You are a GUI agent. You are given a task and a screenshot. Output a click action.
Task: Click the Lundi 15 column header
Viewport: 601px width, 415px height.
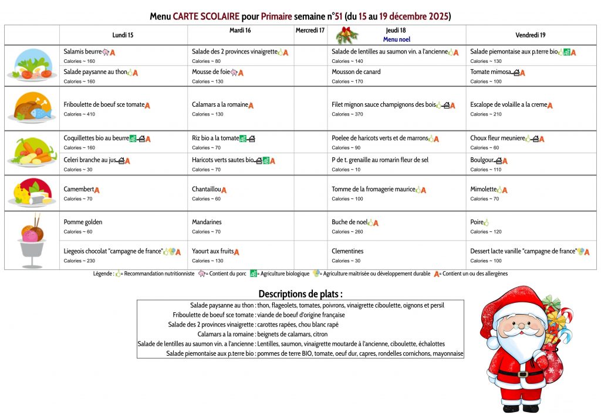click(x=123, y=35)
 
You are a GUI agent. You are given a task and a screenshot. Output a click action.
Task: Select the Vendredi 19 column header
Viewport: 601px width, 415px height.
click(x=530, y=35)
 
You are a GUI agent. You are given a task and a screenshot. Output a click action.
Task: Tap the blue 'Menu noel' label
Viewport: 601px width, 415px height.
click(x=396, y=39)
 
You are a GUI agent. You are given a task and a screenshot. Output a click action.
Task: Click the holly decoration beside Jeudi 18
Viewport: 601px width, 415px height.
click(x=346, y=35)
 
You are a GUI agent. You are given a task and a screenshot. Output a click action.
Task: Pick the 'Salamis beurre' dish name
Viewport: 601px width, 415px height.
click(x=83, y=52)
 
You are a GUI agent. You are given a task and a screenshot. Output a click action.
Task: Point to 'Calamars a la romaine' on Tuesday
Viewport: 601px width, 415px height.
click(x=220, y=105)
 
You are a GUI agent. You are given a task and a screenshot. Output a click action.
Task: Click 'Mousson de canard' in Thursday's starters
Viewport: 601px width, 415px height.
click(x=356, y=72)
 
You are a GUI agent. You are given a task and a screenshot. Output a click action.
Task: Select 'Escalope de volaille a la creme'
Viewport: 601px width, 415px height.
click(x=508, y=105)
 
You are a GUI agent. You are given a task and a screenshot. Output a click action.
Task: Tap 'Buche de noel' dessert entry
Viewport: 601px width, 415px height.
click(x=349, y=222)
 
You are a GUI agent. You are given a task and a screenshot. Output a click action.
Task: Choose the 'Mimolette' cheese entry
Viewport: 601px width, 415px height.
click(x=483, y=190)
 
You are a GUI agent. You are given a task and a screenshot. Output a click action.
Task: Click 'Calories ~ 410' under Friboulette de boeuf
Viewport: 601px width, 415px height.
click(x=79, y=114)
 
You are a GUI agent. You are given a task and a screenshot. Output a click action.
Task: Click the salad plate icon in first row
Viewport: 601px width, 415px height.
click(x=32, y=65)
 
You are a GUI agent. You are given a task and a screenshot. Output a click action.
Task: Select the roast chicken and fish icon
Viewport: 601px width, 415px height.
click(x=32, y=107)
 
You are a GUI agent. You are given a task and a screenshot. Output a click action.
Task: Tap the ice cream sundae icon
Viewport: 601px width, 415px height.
click(x=32, y=238)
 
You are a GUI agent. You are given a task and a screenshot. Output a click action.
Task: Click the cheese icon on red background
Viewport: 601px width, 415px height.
click(x=32, y=193)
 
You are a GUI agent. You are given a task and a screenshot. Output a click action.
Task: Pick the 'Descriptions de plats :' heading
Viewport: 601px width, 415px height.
click(x=300, y=293)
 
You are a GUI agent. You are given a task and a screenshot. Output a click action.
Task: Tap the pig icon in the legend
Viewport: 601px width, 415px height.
click(x=202, y=274)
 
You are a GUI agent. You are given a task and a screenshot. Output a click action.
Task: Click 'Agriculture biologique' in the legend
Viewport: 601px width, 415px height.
click(x=283, y=274)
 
